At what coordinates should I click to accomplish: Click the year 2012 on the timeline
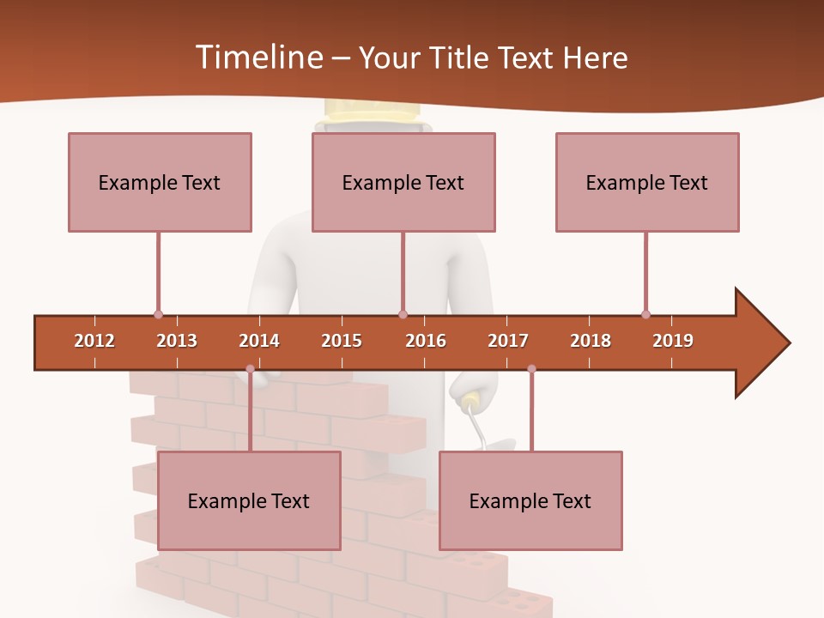coord(94,341)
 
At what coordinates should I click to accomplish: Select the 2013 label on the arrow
coord(177,341)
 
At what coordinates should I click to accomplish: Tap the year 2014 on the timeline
coord(259,341)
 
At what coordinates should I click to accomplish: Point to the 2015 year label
coord(342,341)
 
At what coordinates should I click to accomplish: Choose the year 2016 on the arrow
coord(426,341)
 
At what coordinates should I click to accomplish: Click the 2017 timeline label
coord(508,341)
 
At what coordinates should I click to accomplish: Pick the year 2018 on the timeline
coord(591,341)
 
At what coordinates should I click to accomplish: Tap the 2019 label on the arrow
coord(673,341)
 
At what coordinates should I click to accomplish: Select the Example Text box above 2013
coord(160,182)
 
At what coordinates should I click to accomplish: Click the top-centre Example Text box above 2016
coord(403,182)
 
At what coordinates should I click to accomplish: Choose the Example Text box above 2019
coord(647,182)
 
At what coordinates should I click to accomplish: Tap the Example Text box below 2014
coord(249,500)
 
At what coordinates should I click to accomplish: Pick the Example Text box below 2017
coord(530,500)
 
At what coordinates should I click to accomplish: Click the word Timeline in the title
coord(257,58)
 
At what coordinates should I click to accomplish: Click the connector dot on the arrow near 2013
coord(158,315)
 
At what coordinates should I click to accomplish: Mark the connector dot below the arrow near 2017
coord(531,369)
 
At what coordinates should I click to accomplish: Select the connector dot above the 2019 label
coord(645,315)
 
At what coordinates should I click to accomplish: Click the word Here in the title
coord(596,58)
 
